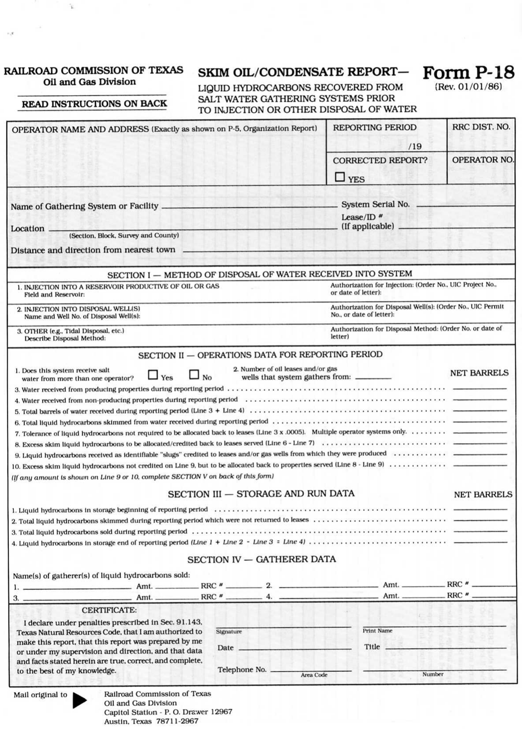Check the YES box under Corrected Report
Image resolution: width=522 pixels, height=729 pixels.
point(340,177)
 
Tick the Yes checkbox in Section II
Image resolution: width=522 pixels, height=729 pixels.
point(153,375)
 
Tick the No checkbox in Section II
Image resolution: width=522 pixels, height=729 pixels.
point(194,375)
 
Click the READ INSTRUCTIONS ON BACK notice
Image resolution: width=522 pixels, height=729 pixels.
point(94,103)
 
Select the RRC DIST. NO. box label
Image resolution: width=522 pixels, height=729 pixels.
point(481,127)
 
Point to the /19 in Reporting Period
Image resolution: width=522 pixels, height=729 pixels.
point(415,146)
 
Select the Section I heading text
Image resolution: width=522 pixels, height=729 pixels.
point(259,274)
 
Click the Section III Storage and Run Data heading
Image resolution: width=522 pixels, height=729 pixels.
point(261,493)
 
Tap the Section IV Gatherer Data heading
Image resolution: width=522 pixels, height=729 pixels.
point(261,559)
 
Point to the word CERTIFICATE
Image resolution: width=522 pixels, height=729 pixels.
point(109,610)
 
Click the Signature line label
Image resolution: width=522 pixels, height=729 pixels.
point(229,632)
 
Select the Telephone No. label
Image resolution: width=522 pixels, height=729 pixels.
point(242,670)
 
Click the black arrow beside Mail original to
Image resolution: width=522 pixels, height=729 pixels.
point(80,699)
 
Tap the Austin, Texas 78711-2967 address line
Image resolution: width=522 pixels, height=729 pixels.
point(151,721)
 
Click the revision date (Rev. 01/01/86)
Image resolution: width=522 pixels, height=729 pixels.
point(468,87)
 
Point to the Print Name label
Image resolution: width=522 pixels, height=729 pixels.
point(377,631)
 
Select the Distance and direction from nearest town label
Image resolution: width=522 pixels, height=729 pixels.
point(93,250)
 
